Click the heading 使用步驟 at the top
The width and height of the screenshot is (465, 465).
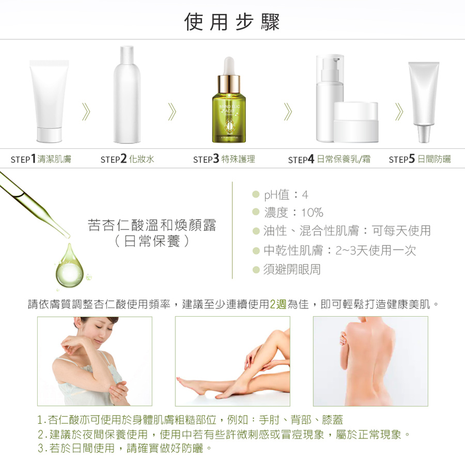[232, 22]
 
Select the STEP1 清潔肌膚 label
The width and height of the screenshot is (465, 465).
[41, 159]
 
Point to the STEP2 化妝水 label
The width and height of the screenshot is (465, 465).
[127, 159]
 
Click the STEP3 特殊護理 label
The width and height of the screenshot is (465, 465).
[224, 159]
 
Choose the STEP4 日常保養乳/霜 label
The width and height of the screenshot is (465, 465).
[329, 159]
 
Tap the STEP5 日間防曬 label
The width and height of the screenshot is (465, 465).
[420, 159]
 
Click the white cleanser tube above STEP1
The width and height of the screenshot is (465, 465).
[49, 101]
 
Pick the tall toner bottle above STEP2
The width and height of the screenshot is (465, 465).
[127, 95]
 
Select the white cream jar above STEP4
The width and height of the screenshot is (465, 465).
[356, 122]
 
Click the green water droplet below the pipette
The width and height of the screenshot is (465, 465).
[70, 266]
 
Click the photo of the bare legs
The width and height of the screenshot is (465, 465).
[233, 361]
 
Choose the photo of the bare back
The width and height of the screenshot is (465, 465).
[370, 361]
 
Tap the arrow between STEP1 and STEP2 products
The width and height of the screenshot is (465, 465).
[86, 112]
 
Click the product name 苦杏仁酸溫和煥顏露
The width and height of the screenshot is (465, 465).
[152, 225]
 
